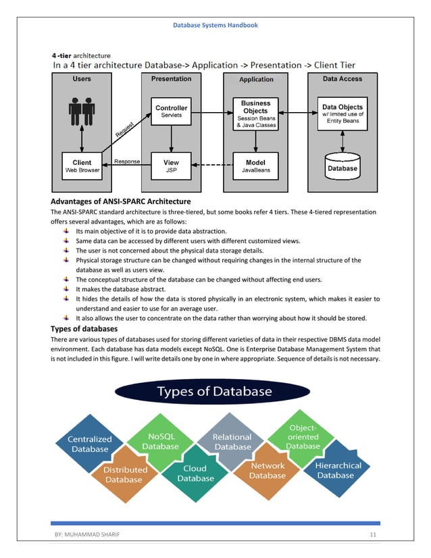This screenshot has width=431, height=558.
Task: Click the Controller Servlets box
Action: (x=172, y=111)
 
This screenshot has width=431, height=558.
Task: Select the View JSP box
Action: (x=172, y=166)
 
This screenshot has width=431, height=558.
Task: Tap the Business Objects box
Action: (x=256, y=113)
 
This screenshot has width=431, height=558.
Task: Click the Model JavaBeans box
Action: (x=256, y=166)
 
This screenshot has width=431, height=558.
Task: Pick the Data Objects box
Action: (x=343, y=113)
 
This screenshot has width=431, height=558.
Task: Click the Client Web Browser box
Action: (x=82, y=166)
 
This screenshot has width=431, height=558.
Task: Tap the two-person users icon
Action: (x=82, y=111)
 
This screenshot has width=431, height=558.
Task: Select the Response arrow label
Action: (x=127, y=161)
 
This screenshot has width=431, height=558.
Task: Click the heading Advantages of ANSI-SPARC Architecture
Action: (x=121, y=201)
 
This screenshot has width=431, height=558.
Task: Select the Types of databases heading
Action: (x=88, y=329)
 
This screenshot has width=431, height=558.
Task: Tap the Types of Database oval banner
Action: (x=215, y=391)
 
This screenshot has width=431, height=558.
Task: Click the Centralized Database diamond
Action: (x=89, y=444)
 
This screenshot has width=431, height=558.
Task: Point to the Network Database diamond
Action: (x=268, y=470)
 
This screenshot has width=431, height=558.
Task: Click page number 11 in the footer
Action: (x=372, y=535)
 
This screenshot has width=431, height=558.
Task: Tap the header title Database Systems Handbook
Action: (x=215, y=25)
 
